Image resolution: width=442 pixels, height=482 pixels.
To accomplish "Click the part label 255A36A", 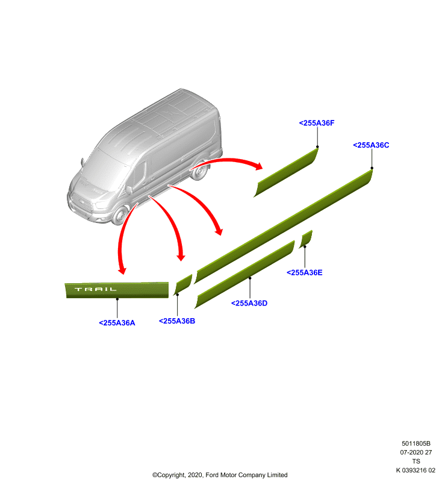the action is [x=117, y=323].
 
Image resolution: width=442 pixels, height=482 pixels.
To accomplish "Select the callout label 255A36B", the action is [x=177, y=321].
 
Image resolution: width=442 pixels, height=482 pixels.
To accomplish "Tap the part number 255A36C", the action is [x=371, y=145].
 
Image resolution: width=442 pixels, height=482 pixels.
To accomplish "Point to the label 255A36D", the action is [x=249, y=303].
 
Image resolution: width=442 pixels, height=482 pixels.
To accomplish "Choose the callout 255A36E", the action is [x=304, y=272].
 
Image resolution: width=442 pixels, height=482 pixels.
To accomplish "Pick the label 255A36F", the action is [x=317, y=123].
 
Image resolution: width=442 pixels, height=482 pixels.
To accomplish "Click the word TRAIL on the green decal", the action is [x=96, y=289].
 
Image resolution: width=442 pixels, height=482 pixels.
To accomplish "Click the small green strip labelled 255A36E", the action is [x=306, y=239].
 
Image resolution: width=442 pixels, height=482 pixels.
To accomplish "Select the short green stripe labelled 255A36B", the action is [x=183, y=284].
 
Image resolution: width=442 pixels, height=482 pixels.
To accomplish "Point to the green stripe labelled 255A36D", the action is [x=245, y=274].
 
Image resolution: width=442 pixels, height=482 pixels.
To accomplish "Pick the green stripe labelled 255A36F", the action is [x=285, y=172].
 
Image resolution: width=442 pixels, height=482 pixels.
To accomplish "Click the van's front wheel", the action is [x=120, y=215].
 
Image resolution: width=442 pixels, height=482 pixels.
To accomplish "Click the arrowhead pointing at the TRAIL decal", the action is [x=122, y=270].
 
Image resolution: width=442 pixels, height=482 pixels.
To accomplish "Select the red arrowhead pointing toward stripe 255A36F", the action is [x=258, y=166].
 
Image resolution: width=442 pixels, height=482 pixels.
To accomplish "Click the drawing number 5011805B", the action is [x=416, y=443].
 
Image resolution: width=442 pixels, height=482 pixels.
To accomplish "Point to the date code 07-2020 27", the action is [x=416, y=452].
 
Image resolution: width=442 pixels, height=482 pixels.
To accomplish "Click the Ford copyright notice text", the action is [x=220, y=475].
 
